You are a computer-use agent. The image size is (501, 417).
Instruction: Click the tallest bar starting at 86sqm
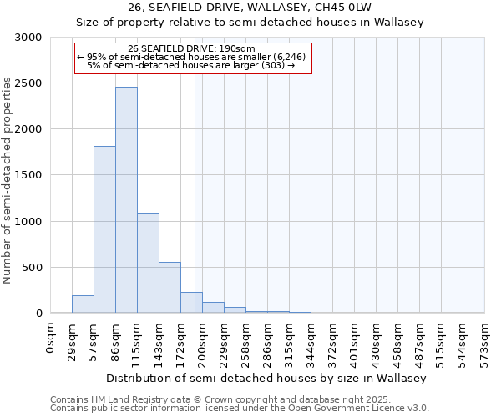click(x=126, y=200)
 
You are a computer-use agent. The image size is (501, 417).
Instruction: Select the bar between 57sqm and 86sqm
click(x=104, y=229)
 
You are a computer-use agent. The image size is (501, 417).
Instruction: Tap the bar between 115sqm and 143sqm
click(x=148, y=263)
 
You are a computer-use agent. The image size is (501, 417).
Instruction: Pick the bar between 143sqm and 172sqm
click(x=170, y=288)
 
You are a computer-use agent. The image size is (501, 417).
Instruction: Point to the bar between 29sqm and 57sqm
click(x=83, y=304)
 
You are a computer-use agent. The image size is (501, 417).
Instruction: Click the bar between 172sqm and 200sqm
click(x=191, y=303)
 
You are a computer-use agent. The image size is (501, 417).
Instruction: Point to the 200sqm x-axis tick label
click(x=202, y=341)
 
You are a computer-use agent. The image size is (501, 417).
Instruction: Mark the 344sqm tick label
click(x=311, y=341)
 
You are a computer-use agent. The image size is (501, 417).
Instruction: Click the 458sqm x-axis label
click(x=397, y=341)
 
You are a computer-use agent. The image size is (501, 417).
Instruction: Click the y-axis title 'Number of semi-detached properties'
click(x=8, y=180)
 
